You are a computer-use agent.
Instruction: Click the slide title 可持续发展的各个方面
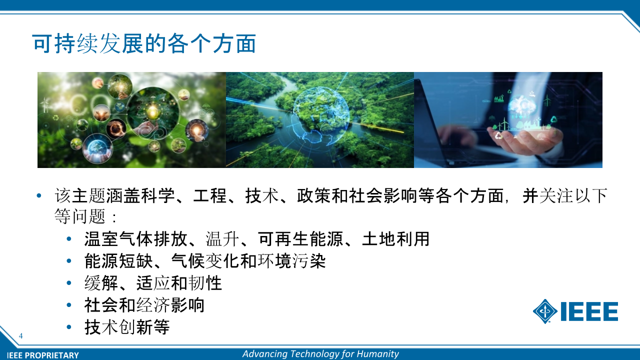(x=144, y=43)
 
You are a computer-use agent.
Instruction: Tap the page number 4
(x=20, y=335)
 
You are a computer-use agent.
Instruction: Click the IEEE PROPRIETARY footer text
(x=43, y=355)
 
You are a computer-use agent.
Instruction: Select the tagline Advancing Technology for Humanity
(x=320, y=354)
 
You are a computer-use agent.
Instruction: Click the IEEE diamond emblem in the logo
(x=545, y=311)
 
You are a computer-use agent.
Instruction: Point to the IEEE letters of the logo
(x=589, y=311)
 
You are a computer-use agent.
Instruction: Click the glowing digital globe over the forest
(x=320, y=115)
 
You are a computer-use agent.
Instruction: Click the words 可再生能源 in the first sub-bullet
(x=300, y=239)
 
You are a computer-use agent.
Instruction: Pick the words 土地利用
(x=396, y=239)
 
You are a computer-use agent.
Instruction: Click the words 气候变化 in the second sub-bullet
(x=205, y=261)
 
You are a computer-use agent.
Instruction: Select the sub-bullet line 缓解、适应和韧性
(x=153, y=283)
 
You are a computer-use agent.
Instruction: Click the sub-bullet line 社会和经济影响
(x=144, y=305)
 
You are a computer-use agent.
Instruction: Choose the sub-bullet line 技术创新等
(x=127, y=327)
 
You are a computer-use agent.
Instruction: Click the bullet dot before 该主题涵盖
(x=39, y=195)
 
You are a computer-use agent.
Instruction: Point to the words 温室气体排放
(x=136, y=239)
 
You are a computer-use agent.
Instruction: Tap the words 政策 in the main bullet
(x=314, y=195)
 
